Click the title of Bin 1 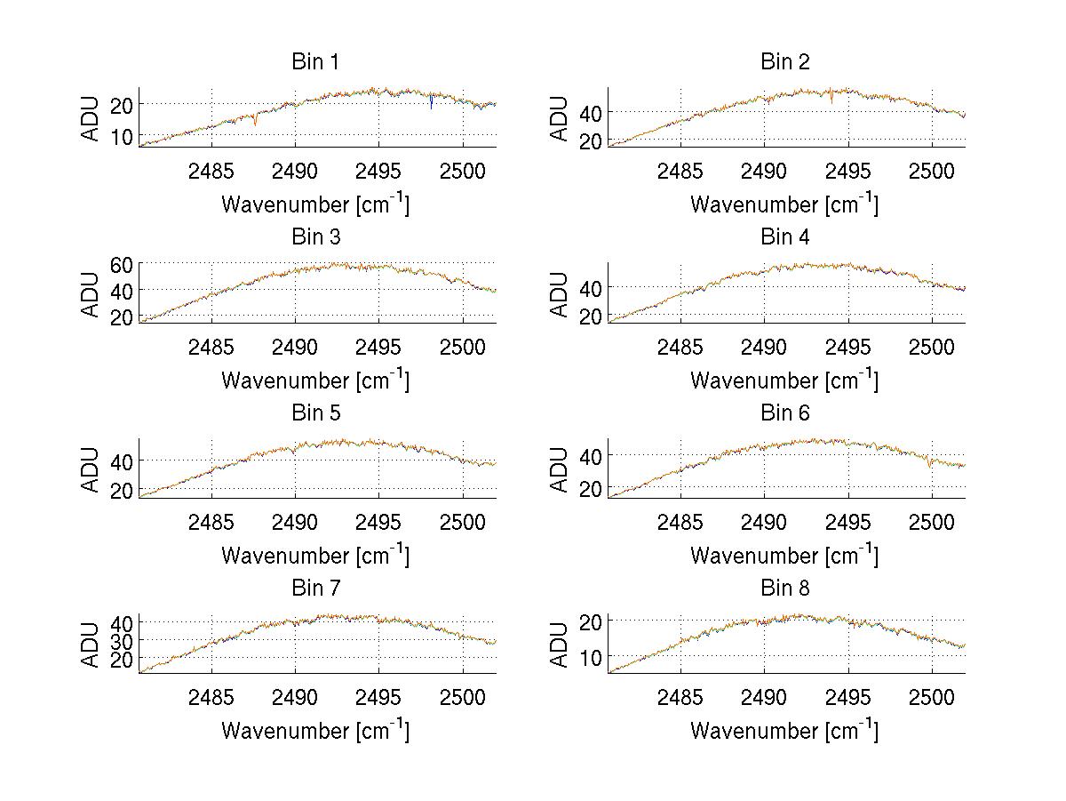click(x=315, y=62)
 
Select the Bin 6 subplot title click(x=785, y=413)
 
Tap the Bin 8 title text click(x=785, y=589)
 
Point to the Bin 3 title click(x=315, y=237)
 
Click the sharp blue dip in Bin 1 click(x=432, y=104)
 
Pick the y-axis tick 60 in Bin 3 click(x=122, y=264)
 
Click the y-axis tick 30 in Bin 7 click(x=122, y=640)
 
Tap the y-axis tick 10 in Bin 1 click(x=122, y=136)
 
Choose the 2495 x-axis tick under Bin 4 click(x=848, y=346)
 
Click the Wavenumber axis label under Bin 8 click(x=784, y=731)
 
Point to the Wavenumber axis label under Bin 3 click(x=315, y=380)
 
